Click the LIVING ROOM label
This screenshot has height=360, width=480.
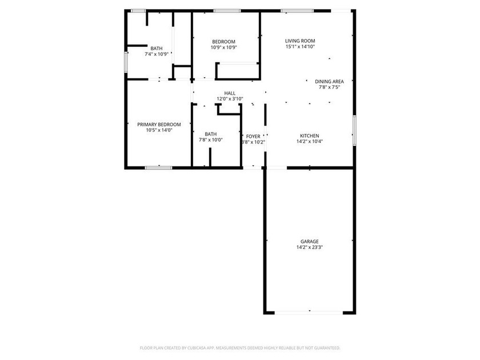pyautogui.click(x=300, y=41)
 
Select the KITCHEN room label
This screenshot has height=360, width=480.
pyautogui.click(x=310, y=135)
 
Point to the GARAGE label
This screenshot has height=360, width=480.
pyautogui.click(x=310, y=241)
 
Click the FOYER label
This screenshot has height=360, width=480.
pyautogui.click(x=253, y=136)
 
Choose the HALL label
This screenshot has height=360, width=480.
pyautogui.click(x=230, y=93)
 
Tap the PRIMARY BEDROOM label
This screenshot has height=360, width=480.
pyautogui.click(x=159, y=124)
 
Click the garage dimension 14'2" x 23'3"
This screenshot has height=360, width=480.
pyautogui.click(x=310, y=247)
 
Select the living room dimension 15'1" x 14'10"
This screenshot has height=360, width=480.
pyautogui.click(x=300, y=47)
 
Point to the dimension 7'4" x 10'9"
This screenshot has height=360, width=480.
pyautogui.click(x=157, y=54)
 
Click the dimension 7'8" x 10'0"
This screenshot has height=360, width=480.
pyautogui.click(x=210, y=139)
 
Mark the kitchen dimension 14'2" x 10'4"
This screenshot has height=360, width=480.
pyautogui.click(x=310, y=142)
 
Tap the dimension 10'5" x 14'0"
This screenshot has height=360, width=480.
pyautogui.click(x=159, y=130)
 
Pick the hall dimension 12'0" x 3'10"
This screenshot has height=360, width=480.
pyautogui.click(x=230, y=99)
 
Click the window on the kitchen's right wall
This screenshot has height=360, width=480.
pyautogui.click(x=355, y=131)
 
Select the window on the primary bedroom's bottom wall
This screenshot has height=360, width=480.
pyautogui.click(x=158, y=167)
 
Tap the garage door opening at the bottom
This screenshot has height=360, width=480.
pyautogui.click(x=310, y=312)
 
